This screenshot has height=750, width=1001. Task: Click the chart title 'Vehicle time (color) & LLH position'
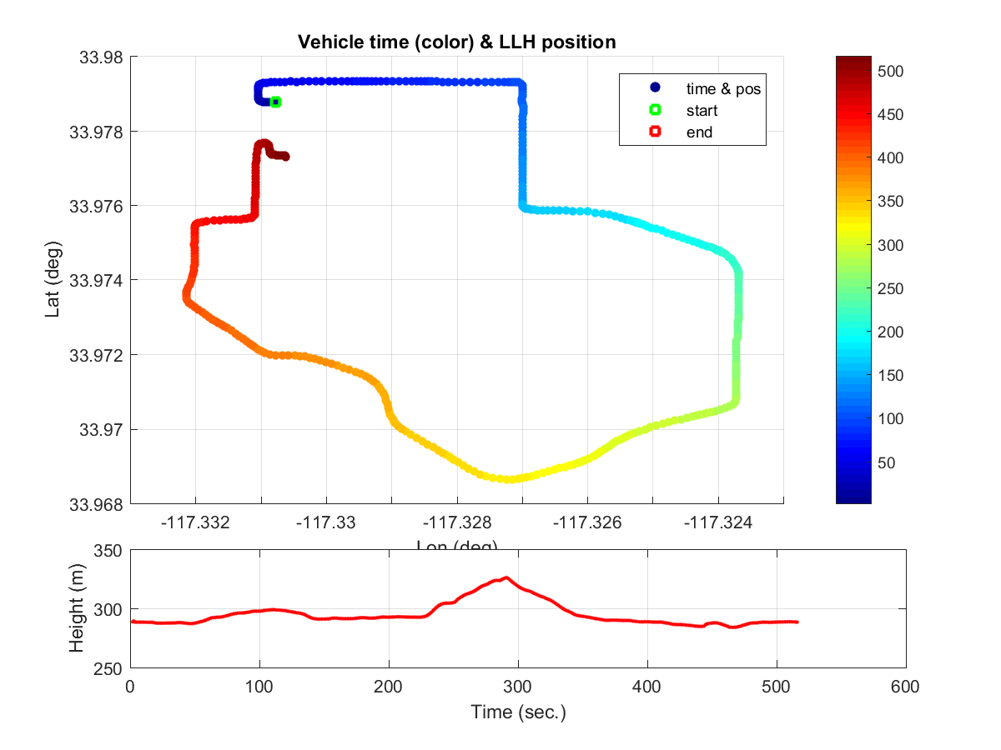tap(457, 42)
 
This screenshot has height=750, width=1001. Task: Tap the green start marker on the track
tap(275, 102)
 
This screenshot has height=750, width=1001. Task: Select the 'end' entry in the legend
tap(701, 132)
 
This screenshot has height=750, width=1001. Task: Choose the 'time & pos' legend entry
tap(722, 87)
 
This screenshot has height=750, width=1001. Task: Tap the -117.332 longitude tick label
tap(195, 523)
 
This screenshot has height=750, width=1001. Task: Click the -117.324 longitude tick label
tap(718, 523)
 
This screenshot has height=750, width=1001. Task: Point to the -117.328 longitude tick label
tap(456, 523)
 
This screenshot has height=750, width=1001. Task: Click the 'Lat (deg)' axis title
tap(51, 281)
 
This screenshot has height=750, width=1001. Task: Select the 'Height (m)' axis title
tap(76, 609)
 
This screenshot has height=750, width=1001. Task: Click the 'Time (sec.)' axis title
tap(518, 712)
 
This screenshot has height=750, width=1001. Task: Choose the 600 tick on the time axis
tap(905, 687)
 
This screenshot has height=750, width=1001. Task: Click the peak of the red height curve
tap(506, 577)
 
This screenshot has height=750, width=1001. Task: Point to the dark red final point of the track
tap(285, 157)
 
